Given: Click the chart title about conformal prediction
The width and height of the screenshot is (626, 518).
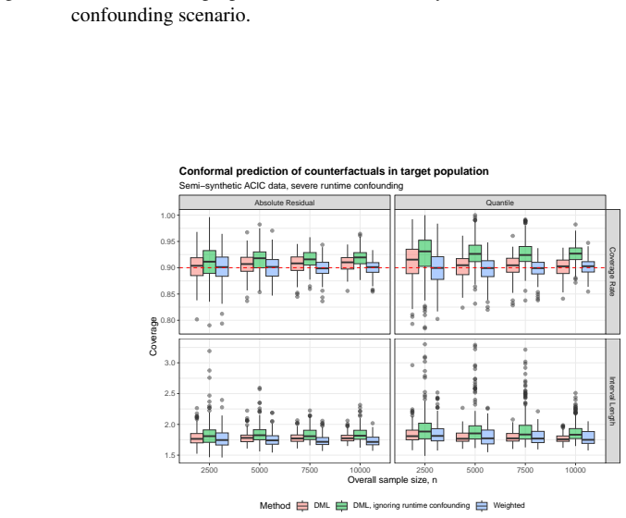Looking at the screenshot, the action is pos(334,171).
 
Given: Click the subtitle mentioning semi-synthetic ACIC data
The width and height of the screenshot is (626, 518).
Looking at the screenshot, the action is pos(291,186).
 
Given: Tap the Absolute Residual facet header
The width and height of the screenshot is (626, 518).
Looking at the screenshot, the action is pos(285,203).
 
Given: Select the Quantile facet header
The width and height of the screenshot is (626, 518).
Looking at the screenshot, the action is pos(500,203).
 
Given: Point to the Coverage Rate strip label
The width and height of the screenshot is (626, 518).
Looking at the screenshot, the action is pos(612,271).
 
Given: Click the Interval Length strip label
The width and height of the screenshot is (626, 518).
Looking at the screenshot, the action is pos(612,401).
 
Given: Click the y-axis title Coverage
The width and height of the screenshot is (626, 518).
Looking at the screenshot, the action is pos(153,336).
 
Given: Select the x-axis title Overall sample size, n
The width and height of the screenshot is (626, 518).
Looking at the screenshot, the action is pos(392,480).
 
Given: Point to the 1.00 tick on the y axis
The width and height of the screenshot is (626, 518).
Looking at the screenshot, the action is pos(167,216).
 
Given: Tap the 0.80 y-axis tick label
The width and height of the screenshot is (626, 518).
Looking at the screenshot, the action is pos(167,320).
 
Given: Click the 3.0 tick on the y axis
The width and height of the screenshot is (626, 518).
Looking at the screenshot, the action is pos(169,363).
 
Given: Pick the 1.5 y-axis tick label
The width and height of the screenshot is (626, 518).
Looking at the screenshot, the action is pos(169,455).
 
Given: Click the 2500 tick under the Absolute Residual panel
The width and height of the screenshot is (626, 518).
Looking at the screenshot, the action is pos(209,470).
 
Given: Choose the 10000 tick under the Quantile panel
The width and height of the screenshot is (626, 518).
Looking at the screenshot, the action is pos(575,470).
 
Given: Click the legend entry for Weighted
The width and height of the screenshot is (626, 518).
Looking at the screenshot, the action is pos(500,506).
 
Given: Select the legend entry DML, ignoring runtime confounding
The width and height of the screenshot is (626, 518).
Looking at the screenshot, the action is pos(403,506).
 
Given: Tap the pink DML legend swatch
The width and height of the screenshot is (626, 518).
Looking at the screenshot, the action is pos(302,506).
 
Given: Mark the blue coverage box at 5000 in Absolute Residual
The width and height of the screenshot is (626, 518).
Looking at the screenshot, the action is pos(272,267).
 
